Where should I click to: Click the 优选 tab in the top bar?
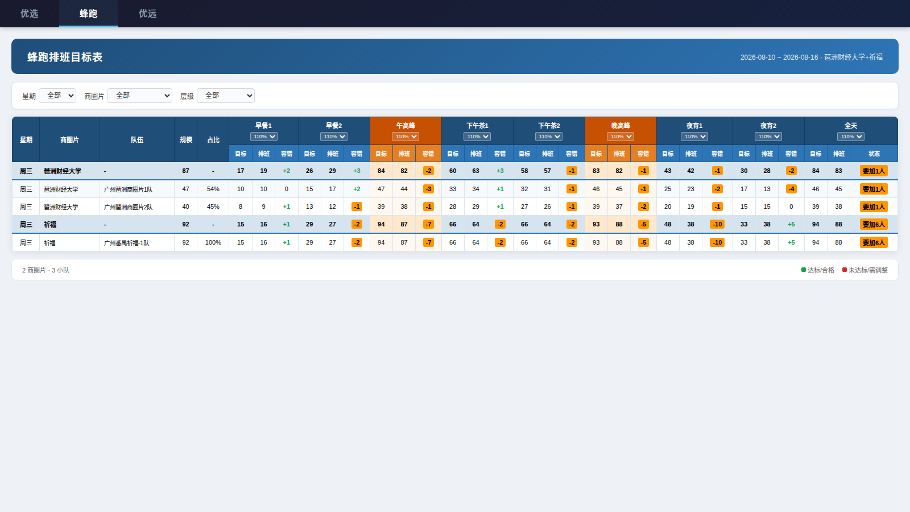click(29, 14)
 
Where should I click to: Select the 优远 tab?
click(147, 14)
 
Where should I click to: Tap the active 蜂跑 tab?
click(89, 14)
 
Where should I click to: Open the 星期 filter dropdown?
click(57, 96)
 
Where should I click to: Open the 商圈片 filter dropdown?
click(140, 96)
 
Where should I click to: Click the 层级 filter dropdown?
click(225, 96)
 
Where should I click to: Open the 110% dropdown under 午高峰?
click(406, 137)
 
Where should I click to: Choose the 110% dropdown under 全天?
click(851, 137)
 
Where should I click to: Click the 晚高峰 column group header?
click(621, 126)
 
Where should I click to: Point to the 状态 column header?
click(874, 154)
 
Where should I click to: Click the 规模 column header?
click(185, 140)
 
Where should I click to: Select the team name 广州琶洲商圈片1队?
click(129, 189)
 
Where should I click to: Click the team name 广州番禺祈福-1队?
click(127, 243)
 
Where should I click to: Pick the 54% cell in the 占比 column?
click(213, 189)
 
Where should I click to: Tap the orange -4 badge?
click(791, 189)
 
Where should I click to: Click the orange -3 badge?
click(428, 189)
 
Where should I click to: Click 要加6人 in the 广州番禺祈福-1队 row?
click(874, 242)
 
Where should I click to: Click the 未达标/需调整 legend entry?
click(865, 270)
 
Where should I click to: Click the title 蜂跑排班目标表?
click(65, 57)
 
